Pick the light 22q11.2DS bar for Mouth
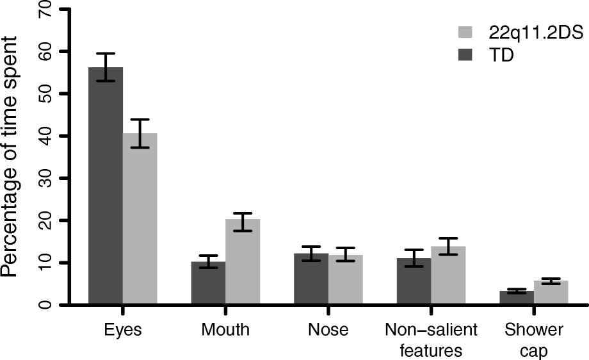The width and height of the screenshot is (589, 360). tap(243, 262)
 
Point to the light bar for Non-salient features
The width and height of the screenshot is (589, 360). tap(448, 275)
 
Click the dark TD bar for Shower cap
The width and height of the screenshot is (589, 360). tap(517, 298)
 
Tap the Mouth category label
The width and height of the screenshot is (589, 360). tap(225, 331)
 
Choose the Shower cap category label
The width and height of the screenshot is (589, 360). tap(533, 340)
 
